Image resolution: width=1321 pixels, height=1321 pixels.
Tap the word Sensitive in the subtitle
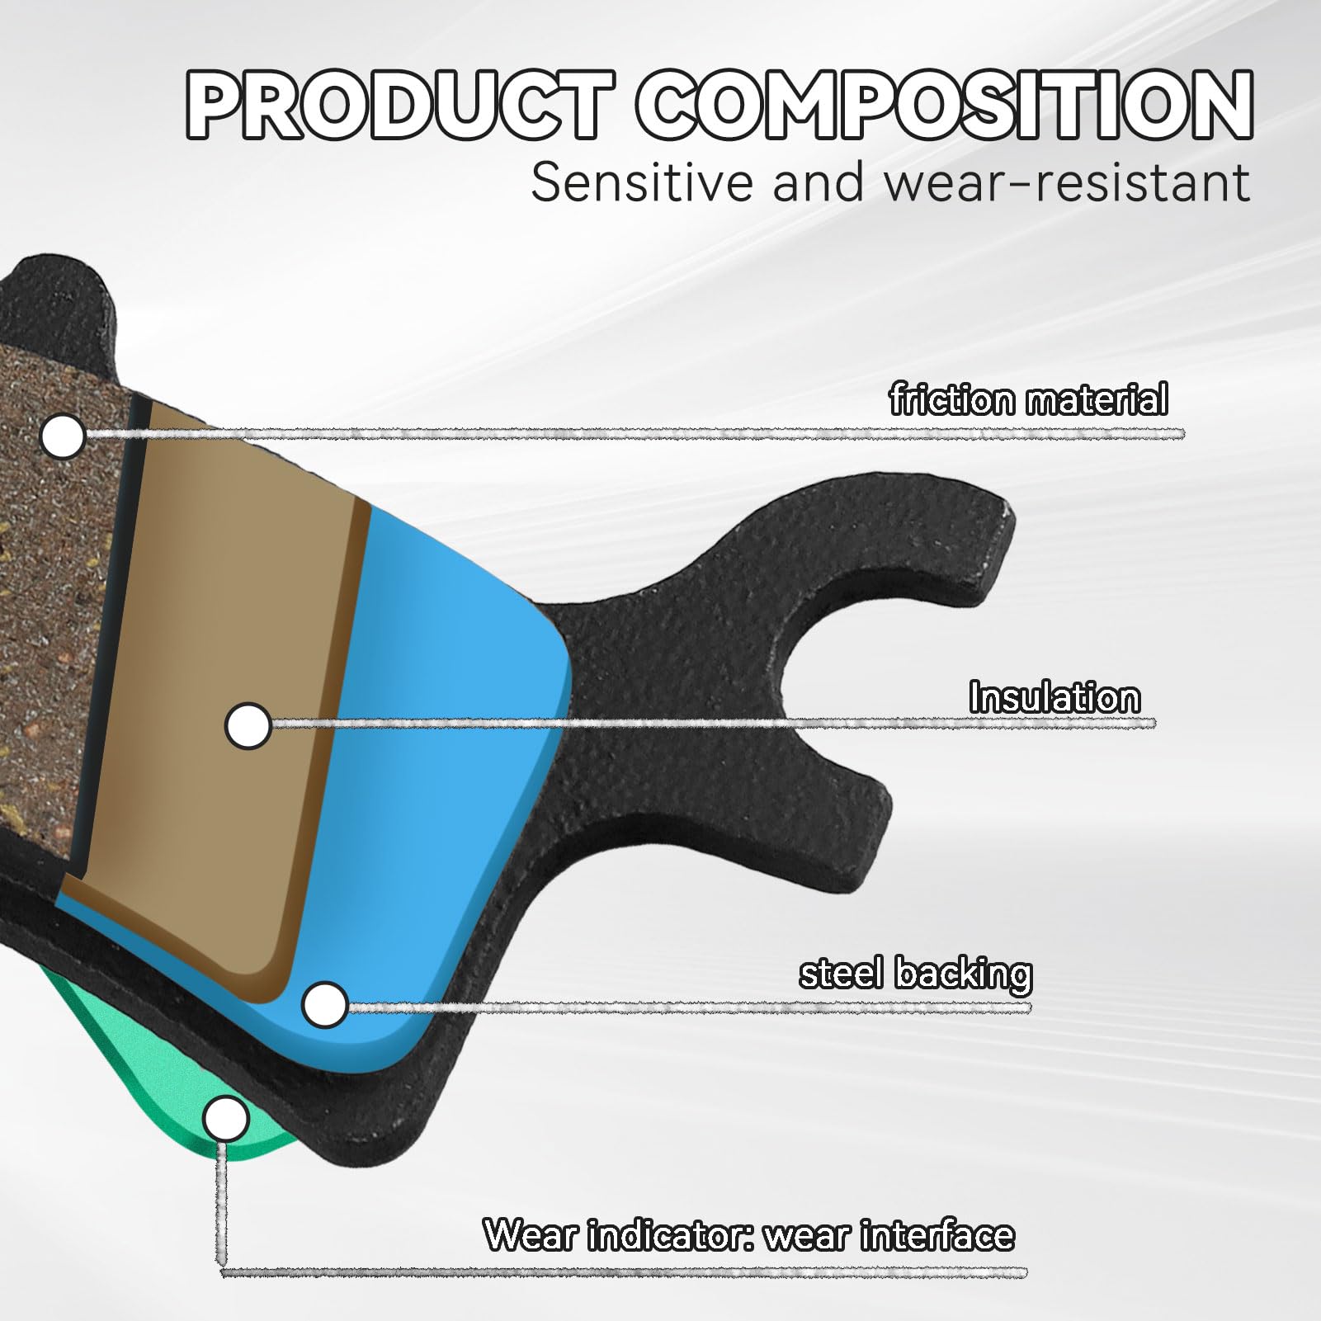[x=644, y=183]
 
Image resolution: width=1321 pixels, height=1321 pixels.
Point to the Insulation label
[x=1054, y=697]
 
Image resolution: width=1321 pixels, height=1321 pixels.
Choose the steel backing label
[x=915, y=974]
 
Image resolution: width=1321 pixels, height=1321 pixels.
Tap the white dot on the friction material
[x=64, y=435]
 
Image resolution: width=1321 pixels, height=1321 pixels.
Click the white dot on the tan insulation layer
[x=248, y=726]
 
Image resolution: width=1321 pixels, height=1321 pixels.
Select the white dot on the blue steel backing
[x=325, y=1004]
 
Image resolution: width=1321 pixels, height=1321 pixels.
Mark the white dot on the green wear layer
[x=225, y=1120]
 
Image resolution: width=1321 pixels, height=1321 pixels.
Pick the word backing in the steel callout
[x=963, y=974]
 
